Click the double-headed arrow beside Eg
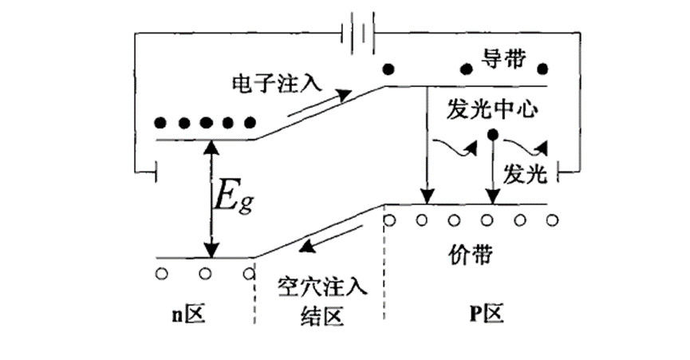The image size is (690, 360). tap(211, 199)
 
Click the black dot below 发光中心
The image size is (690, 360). tap(494, 134)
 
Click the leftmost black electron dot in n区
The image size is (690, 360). tap(161, 124)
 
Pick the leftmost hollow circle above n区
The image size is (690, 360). tap(162, 274)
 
